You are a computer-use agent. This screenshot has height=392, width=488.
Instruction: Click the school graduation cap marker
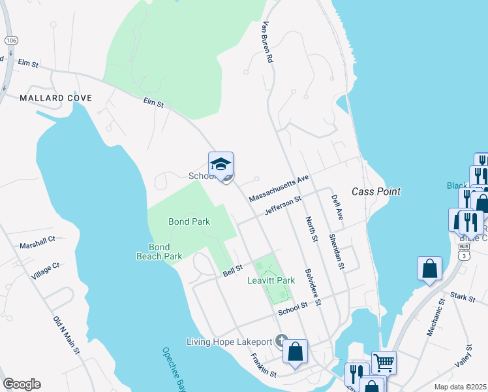pyautogui.click(x=221, y=165)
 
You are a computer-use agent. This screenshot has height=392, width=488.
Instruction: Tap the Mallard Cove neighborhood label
pyautogui.click(x=55, y=98)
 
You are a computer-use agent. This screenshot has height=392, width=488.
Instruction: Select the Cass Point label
pyautogui.click(x=376, y=192)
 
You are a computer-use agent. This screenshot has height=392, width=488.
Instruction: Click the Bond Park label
pyautogui.click(x=189, y=221)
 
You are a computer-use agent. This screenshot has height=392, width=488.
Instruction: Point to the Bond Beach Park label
pyautogui.click(x=159, y=252)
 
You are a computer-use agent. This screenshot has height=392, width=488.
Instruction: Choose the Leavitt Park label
pyautogui.click(x=271, y=280)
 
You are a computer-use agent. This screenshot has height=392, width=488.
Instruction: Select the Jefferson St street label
pyautogui.click(x=282, y=208)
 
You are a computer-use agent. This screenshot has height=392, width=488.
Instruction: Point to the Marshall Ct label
pyautogui.click(x=37, y=242)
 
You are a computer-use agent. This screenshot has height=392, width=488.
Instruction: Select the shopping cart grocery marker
pyautogui.click(x=384, y=361)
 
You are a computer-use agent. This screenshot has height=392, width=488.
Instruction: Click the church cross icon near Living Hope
pyautogui.click(x=281, y=341)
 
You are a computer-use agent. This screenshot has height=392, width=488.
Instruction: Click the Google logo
pyautogui.click(x=22, y=384)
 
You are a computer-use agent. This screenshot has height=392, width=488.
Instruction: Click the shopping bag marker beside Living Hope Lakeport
pyautogui.click(x=296, y=351)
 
